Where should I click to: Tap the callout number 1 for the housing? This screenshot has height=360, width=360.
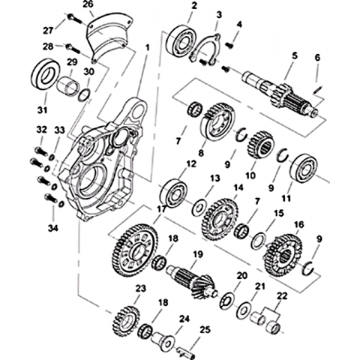148,47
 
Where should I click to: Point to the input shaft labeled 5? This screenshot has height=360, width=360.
280,94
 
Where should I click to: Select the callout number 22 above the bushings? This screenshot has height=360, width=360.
282,296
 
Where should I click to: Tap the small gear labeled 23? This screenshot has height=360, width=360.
126,320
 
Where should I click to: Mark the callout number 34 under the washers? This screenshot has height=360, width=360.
53,228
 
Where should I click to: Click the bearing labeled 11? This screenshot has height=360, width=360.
304,168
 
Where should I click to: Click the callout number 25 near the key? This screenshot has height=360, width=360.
205,329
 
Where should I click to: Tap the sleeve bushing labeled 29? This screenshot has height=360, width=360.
68,87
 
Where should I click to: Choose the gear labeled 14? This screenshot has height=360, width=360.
220,220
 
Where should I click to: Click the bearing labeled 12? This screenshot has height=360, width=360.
173,193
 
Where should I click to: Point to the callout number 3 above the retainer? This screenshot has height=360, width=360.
219,15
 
